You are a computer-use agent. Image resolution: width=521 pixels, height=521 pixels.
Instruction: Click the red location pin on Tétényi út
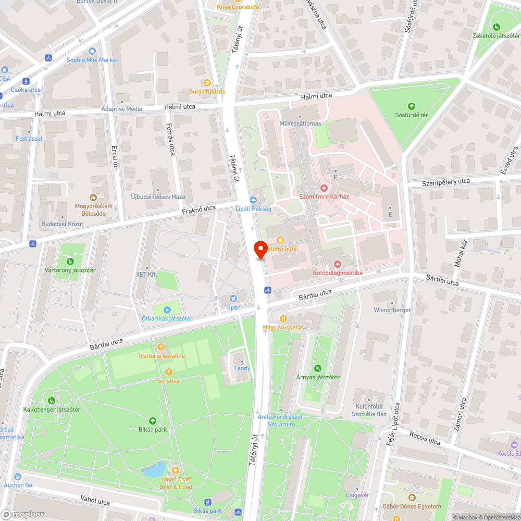point(260,249)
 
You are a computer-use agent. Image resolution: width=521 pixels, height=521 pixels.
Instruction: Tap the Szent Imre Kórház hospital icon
point(324,188)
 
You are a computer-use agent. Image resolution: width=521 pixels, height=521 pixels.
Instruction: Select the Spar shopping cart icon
point(233,299)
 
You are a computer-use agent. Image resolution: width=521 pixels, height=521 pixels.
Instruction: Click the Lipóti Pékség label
point(253,208)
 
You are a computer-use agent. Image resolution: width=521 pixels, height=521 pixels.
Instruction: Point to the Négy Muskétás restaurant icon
point(283,318)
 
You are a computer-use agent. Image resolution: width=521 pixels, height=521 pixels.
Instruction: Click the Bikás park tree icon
point(152,420)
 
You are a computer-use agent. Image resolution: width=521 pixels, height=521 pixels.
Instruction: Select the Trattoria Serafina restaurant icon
point(161,347)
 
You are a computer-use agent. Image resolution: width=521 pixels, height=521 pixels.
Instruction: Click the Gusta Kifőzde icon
point(207,82)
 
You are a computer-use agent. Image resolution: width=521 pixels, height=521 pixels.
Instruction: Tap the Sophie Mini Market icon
point(92,51)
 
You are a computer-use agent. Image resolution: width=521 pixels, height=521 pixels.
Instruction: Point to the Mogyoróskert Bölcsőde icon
point(93,197)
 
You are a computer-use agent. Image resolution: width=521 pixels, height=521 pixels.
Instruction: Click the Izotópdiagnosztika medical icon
point(337,264)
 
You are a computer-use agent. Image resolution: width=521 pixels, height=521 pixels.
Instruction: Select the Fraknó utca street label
point(199,210)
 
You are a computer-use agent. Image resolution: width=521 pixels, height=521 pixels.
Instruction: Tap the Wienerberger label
point(392,309)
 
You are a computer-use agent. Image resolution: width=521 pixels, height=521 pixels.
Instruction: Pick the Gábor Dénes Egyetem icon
point(412,498)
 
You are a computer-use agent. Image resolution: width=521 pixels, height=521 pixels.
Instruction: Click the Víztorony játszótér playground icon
point(69,262)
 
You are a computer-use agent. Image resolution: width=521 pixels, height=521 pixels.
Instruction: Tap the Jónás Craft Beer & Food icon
point(176,470)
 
